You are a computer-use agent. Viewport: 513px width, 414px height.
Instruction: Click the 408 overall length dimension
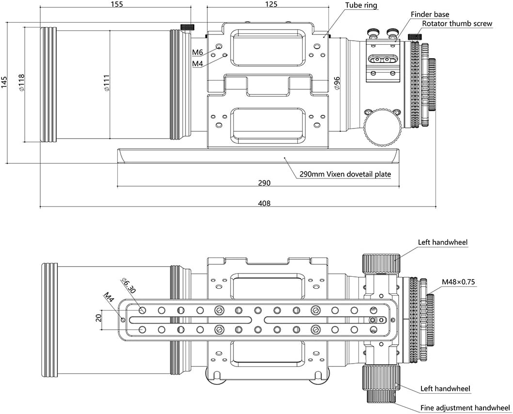pyautogui.click(x=264, y=203)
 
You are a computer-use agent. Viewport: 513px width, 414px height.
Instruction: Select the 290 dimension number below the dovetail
pyautogui.click(x=264, y=183)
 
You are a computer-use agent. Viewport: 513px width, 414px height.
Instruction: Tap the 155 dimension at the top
pyautogui.click(x=117, y=4)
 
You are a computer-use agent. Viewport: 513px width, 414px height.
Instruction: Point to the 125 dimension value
pyautogui.click(x=271, y=4)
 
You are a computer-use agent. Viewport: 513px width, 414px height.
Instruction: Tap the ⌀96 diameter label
pyautogui.click(x=337, y=82)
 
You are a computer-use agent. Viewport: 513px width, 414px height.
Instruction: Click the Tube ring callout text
pyautogui.click(x=361, y=5)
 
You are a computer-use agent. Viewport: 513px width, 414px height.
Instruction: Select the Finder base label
pyautogui.click(x=430, y=15)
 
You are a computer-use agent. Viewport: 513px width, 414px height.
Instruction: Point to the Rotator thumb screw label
pyautogui.click(x=457, y=23)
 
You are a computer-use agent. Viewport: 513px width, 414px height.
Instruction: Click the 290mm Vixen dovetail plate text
pyautogui.click(x=345, y=174)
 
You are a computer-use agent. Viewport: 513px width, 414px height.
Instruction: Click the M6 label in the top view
pyautogui.click(x=197, y=52)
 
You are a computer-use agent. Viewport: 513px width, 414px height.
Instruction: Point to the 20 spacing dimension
pyautogui.click(x=98, y=318)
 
